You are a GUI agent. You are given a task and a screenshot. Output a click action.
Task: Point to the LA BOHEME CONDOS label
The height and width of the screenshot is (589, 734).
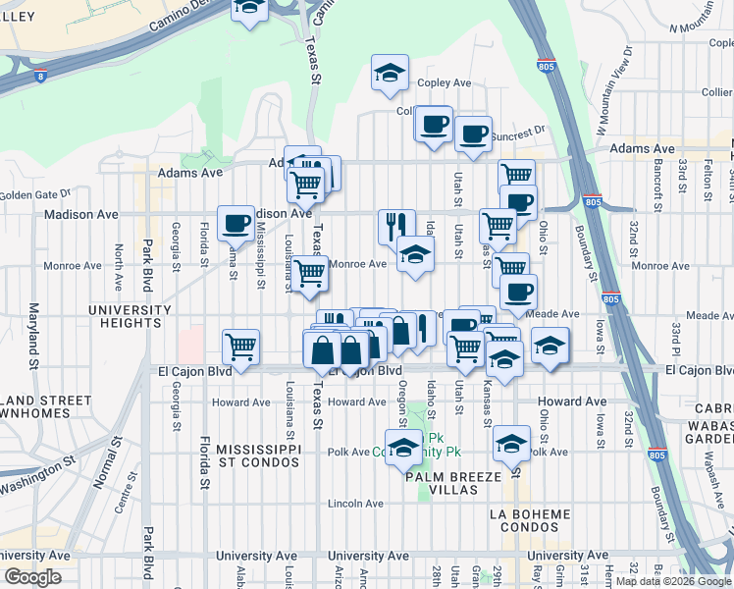click(x=529, y=521)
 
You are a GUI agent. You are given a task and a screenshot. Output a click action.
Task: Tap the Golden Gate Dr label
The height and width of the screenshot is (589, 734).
click(x=36, y=194)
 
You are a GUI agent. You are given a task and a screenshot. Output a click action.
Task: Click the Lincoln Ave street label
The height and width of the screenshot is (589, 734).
click(x=355, y=504)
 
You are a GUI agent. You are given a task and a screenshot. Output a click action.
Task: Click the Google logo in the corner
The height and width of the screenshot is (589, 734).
click(x=32, y=577)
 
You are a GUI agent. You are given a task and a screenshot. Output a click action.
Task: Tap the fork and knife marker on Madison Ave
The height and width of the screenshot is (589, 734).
click(x=396, y=226)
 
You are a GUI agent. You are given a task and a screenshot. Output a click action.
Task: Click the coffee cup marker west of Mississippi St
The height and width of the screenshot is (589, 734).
click(x=235, y=223)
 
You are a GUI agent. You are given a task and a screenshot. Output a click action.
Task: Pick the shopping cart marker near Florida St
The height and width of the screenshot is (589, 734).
click(x=240, y=346)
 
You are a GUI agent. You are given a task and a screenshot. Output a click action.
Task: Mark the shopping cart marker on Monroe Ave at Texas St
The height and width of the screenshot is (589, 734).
click(x=308, y=273)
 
